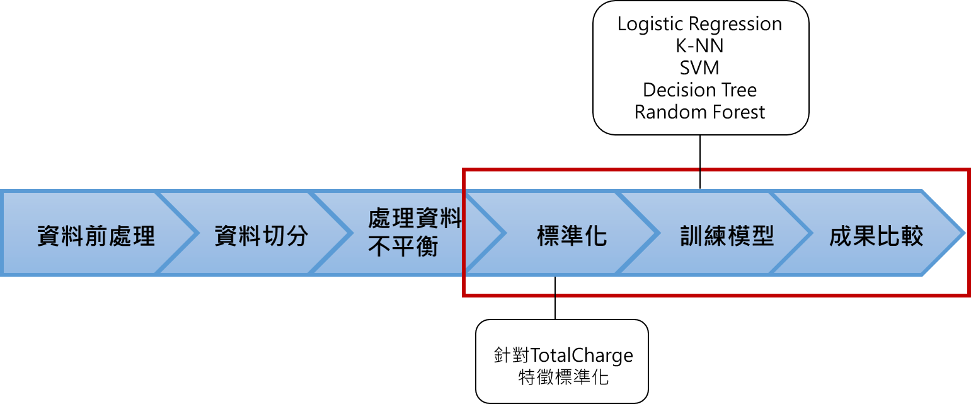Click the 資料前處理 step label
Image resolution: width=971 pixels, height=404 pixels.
[96, 237]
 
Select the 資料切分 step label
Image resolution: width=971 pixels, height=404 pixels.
[261, 236]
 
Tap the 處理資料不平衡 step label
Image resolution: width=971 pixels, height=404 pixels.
[415, 233]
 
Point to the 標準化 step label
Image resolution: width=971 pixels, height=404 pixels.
[572, 236]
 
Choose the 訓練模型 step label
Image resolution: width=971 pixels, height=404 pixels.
[727, 236]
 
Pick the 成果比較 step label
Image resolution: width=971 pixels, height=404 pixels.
[876, 236]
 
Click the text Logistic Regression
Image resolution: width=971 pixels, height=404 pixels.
[699, 24]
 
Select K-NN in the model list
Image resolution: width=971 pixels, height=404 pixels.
[699, 46]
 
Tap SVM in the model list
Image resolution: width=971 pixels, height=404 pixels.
[699, 68]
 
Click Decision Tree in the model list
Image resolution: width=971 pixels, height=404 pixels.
[699, 90]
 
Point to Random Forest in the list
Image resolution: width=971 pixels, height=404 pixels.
[699, 112]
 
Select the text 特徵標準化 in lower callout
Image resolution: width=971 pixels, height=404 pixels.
[563, 377]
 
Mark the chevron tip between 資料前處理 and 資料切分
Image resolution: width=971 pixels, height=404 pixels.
[197, 233]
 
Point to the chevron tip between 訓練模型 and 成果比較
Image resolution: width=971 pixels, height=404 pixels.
[812, 233]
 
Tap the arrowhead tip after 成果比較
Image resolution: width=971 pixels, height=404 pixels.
[965, 233]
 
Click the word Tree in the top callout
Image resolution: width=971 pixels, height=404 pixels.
[738, 90]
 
